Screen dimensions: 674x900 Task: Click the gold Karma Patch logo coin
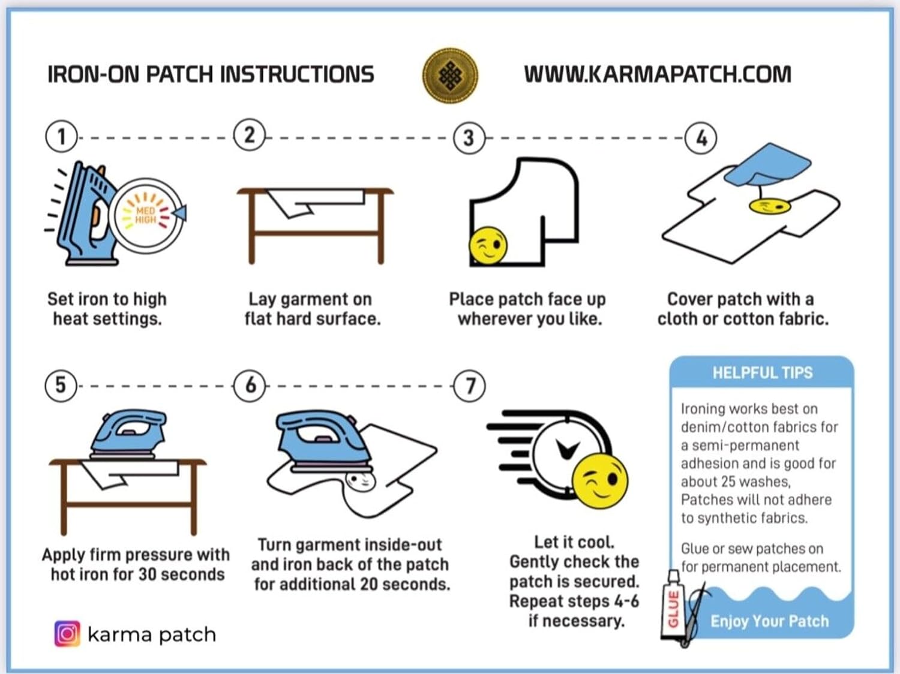(450, 76)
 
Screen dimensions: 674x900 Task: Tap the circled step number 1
(61, 137)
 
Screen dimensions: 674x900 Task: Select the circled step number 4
(701, 138)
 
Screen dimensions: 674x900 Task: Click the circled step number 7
(470, 386)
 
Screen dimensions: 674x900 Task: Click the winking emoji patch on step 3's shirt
(488, 245)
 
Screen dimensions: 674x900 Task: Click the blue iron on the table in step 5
(127, 433)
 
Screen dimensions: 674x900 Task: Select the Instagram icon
(67, 634)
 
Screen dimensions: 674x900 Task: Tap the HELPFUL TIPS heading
(762, 373)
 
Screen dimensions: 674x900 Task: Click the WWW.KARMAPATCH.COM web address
(658, 74)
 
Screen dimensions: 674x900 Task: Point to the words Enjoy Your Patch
(769, 621)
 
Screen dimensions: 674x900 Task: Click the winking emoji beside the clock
(599, 480)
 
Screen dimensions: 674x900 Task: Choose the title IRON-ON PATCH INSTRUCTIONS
(211, 74)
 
